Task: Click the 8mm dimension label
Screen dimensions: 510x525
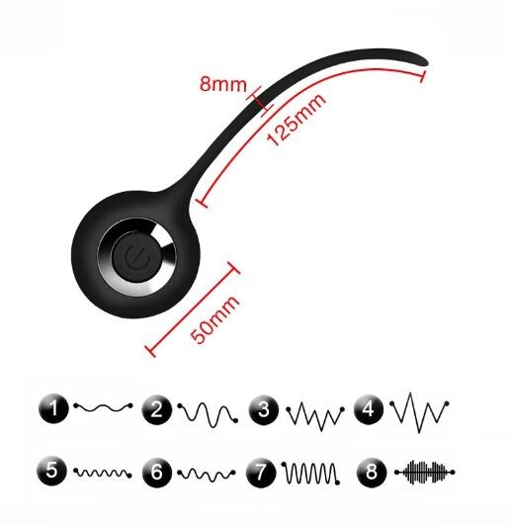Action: tap(222, 84)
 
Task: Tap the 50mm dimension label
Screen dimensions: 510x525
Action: tap(214, 319)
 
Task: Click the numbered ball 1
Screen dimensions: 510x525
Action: tap(54, 408)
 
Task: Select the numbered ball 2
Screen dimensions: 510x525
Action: tap(156, 410)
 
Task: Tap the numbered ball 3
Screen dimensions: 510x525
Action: tap(264, 410)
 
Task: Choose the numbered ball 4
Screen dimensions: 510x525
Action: tap(369, 408)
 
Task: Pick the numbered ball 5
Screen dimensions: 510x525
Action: tap(51, 471)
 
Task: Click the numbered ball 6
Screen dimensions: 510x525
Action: tap(157, 472)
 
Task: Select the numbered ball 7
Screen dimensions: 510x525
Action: tap(261, 473)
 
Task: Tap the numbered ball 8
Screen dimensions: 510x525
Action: tap(372, 472)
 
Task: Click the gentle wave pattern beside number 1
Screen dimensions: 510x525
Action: tap(104, 407)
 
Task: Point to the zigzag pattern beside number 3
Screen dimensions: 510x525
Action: tap(315, 416)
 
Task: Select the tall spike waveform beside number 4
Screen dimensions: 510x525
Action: tap(419, 412)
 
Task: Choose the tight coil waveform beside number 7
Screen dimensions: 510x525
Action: tap(311, 474)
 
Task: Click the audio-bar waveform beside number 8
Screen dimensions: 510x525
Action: tap(424, 472)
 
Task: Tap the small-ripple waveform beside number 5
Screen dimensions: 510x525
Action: tap(103, 473)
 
